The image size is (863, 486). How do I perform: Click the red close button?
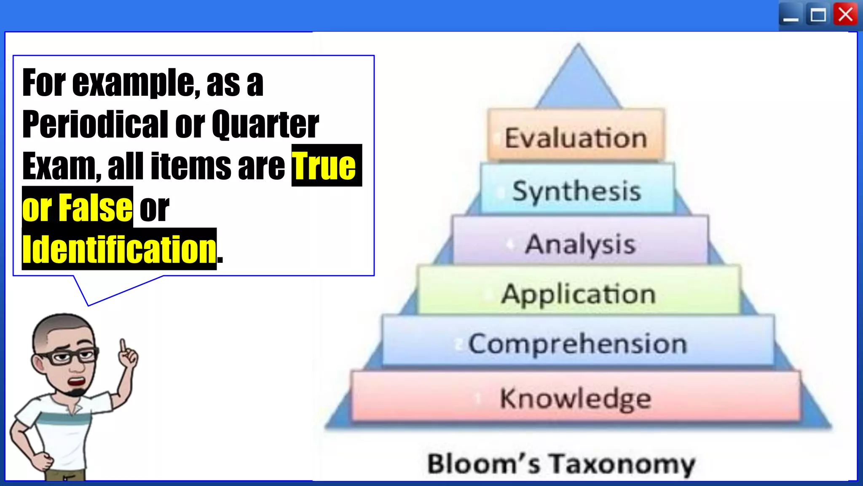coord(845,15)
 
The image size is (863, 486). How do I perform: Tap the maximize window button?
coord(818,16)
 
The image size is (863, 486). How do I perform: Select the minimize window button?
coord(791,16)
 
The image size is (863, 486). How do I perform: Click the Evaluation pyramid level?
coord(576,136)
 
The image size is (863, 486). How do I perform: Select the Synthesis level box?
coord(577,190)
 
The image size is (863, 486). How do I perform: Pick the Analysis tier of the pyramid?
coord(580,242)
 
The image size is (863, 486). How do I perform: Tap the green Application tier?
coord(579,292)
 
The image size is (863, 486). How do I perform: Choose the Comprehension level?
coord(578,342)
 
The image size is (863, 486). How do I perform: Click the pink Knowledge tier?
coord(576,397)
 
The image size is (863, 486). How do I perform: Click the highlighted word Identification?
coord(119,249)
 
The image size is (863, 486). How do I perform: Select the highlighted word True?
coord(324,166)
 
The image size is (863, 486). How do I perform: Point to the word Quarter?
coord(265,124)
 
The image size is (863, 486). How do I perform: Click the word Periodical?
coord(96,124)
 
